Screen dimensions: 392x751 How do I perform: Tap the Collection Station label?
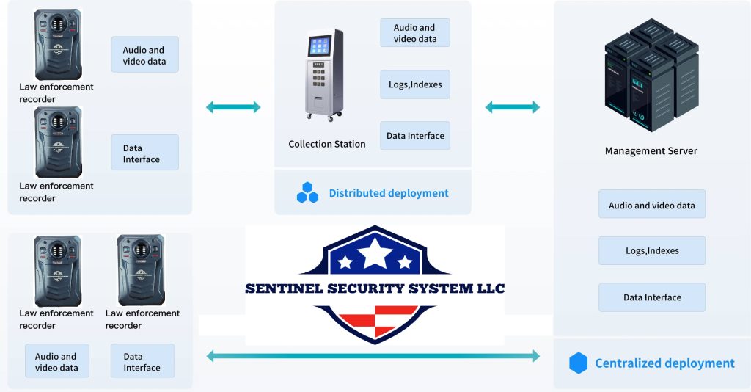click(x=326, y=144)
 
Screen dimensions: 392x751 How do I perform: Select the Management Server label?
click(x=651, y=151)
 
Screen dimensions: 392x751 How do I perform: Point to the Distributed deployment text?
click(x=388, y=193)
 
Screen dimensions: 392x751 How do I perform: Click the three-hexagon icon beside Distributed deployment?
click(x=307, y=192)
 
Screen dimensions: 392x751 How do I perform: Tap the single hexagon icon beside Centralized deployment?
click(x=579, y=363)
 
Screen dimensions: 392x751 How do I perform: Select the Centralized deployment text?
click(x=664, y=363)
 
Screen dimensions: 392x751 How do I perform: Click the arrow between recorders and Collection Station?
click(x=232, y=107)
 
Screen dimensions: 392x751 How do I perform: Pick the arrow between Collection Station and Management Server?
click(x=512, y=107)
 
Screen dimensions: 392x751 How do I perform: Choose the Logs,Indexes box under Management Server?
click(x=652, y=250)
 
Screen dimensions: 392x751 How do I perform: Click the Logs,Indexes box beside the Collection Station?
click(x=415, y=84)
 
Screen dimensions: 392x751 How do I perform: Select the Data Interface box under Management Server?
click(x=652, y=297)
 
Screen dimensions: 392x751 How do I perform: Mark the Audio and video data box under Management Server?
click(x=652, y=205)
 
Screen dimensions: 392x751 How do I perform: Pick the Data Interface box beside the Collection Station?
click(x=415, y=136)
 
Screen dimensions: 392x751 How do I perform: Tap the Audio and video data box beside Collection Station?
click(x=415, y=33)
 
